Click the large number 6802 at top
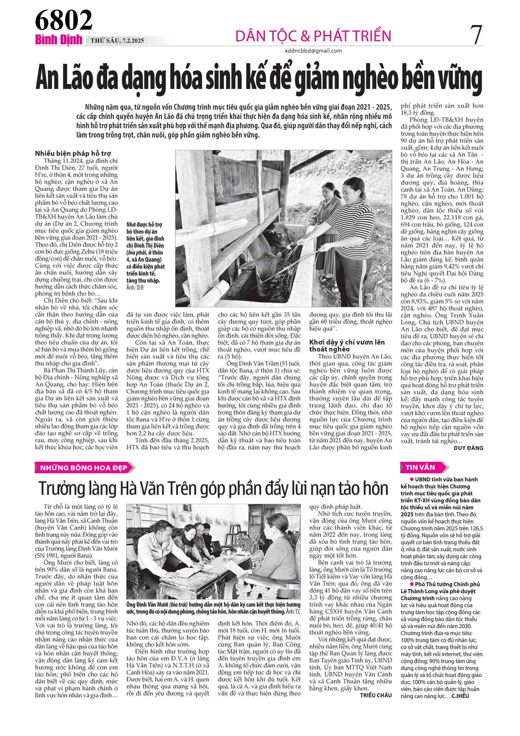(63, 20)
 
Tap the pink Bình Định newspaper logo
(59, 40)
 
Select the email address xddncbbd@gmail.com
(313, 51)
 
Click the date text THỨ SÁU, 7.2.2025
(117, 41)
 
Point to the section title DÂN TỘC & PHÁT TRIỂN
(313, 36)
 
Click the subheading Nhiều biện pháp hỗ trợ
(73, 154)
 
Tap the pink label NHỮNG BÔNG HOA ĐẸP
(84, 468)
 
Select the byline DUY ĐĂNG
(468, 448)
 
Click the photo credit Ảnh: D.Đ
(135, 287)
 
